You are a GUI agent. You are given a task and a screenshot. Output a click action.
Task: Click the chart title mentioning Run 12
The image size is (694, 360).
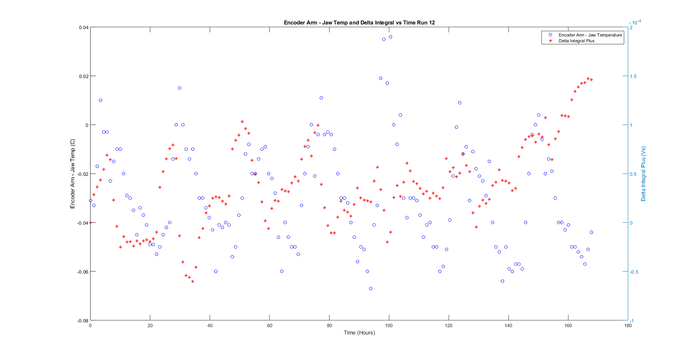[359, 23]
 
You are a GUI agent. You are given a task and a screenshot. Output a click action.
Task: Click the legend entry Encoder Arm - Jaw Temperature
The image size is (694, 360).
[590, 35]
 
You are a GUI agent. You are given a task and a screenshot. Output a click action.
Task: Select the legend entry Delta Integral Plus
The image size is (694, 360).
[576, 41]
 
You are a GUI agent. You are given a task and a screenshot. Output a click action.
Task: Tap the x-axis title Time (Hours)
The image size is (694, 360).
[359, 332]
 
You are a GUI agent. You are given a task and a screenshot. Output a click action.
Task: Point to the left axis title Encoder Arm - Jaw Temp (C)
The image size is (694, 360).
[73, 174]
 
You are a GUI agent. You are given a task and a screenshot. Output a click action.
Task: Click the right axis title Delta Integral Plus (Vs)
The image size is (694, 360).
[643, 174]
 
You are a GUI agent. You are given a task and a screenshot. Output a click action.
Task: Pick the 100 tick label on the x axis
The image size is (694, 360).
[389, 325]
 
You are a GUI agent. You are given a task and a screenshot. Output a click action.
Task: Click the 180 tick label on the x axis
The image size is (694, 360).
[628, 325]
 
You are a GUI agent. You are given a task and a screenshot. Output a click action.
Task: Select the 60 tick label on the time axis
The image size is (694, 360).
[269, 325]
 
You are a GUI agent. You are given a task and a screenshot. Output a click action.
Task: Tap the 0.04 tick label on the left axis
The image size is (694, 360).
[83, 27]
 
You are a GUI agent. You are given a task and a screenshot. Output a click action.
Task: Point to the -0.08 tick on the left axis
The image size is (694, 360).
[83, 321]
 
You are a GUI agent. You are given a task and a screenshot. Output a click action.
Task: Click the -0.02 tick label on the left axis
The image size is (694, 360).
[83, 174]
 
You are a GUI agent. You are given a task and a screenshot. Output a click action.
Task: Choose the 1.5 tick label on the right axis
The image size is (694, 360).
[633, 76]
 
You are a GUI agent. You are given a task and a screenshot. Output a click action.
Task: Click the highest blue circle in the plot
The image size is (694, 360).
[390, 37]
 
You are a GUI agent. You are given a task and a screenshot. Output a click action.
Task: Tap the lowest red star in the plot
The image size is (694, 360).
[192, 281]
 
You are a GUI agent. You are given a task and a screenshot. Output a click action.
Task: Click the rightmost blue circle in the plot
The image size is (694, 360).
[592, 232]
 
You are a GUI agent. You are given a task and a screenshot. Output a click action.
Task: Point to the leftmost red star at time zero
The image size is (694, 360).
[91, 222]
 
